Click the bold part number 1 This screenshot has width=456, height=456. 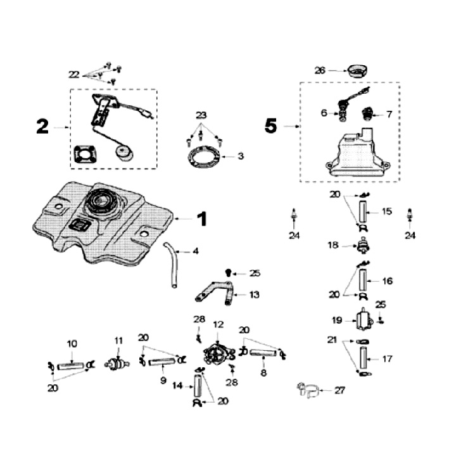tap(202, 219)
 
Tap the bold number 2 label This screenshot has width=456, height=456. tap(42, 127)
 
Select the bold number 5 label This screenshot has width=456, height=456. tap(270, 127)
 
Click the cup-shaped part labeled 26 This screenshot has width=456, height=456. tap(357, 71)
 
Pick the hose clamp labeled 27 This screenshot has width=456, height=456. tap(308, 390)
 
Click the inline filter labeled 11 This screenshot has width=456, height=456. tap(117, 364)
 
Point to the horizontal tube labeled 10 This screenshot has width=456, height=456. tap(71, 366)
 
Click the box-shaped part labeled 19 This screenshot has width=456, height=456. tap(364, 320)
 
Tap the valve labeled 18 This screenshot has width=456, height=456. tap(363, 246)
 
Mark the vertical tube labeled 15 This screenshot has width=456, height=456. tap(362, 212)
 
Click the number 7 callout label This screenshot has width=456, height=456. tap(389, 114)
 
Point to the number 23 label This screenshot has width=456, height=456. tap(201, 115)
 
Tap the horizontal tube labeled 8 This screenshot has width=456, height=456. tap(263, 353)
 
